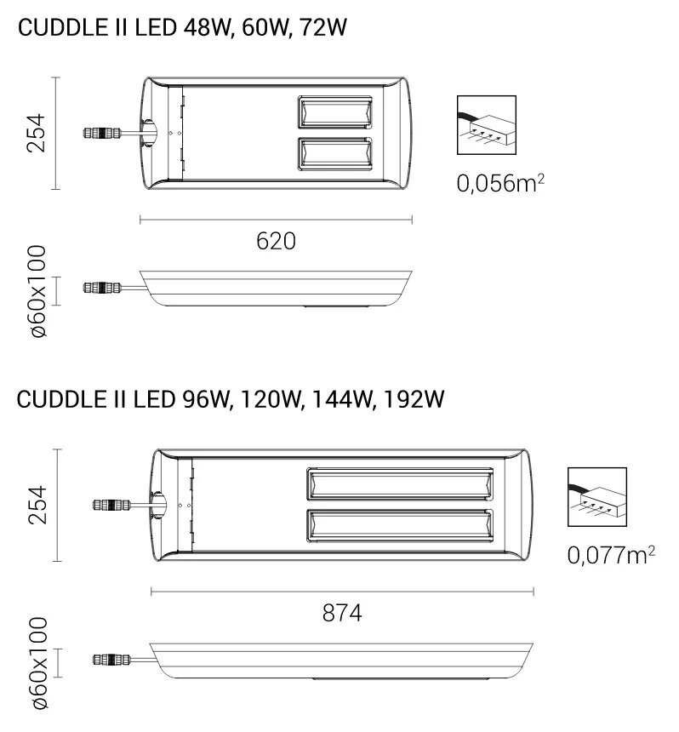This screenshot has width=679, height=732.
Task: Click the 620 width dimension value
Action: [x=276, y=241]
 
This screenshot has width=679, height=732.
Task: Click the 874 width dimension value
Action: [x=341, y=612]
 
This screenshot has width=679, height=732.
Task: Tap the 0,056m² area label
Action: [x=500, y=183]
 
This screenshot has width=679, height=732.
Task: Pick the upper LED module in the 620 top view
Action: [x=334, y=113]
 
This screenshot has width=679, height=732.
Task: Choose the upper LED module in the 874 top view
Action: [x=398, y=484]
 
